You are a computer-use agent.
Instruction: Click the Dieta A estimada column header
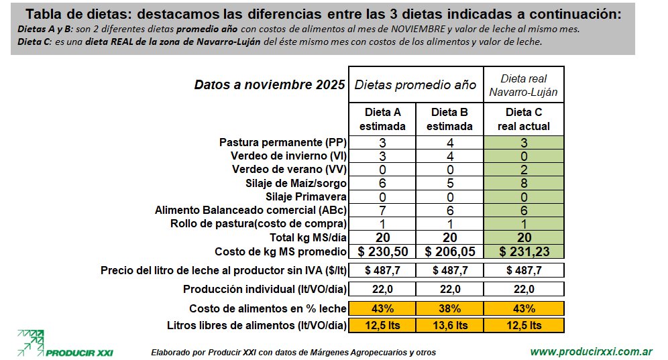382,119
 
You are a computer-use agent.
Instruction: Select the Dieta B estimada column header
449,119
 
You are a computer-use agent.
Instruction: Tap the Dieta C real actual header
524,119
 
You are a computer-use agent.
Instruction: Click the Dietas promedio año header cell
415,84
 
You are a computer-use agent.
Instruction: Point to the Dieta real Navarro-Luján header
524,85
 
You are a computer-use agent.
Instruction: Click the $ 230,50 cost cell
382,251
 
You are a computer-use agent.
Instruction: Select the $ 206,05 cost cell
449,251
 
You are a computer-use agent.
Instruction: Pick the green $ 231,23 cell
524,251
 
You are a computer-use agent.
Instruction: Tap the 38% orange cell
449,308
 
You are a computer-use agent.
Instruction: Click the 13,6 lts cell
449,325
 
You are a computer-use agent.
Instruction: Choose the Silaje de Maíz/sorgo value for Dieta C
524,183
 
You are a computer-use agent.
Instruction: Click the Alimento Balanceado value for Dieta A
382,210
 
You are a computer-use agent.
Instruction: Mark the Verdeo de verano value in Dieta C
524,170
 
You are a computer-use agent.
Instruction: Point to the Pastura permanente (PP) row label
282,143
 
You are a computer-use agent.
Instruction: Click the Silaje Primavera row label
306,196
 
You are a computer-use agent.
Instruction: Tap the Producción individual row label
264,289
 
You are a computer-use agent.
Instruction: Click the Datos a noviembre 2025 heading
270,85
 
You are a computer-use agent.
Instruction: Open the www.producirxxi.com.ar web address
592,351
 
